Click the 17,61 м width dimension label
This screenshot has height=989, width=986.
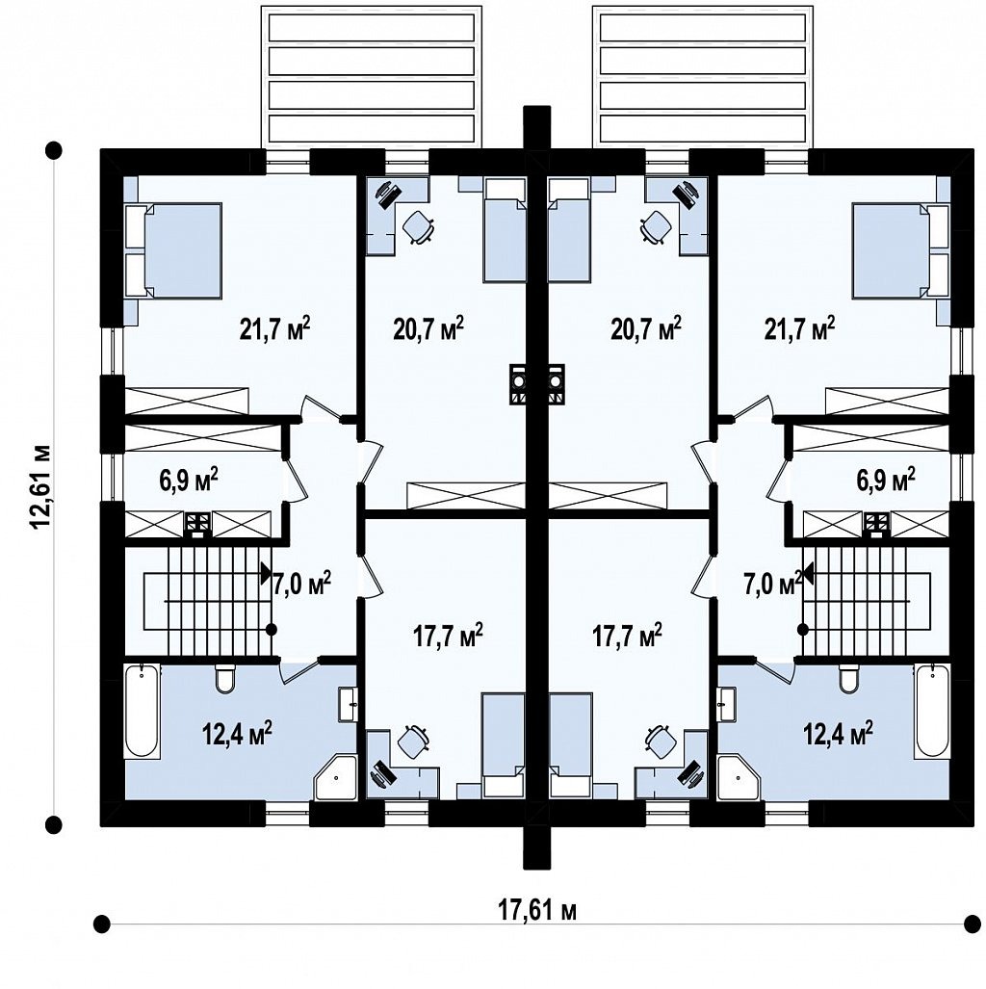[x=537, y=911]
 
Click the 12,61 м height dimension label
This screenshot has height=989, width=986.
[x=39, y=487]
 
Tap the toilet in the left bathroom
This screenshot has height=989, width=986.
[x=224, y=679]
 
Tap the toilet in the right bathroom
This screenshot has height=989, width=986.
[x=848, y=679]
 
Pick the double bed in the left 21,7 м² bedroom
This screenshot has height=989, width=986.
[x=173, y=249]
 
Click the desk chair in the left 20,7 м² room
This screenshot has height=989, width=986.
[x=417, y=227]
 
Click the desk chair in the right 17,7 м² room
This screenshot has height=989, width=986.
[x=659, y=742]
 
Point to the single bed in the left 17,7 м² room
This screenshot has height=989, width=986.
[x=504, y=746]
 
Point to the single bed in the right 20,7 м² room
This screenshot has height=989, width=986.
[x=570, y=229]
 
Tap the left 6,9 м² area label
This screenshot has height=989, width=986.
[x=187, y=481]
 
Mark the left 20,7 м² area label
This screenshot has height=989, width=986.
[x=429, y=328]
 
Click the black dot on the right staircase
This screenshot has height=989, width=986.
[x=803, y=629]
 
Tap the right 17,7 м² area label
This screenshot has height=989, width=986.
[x=627, y=636]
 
